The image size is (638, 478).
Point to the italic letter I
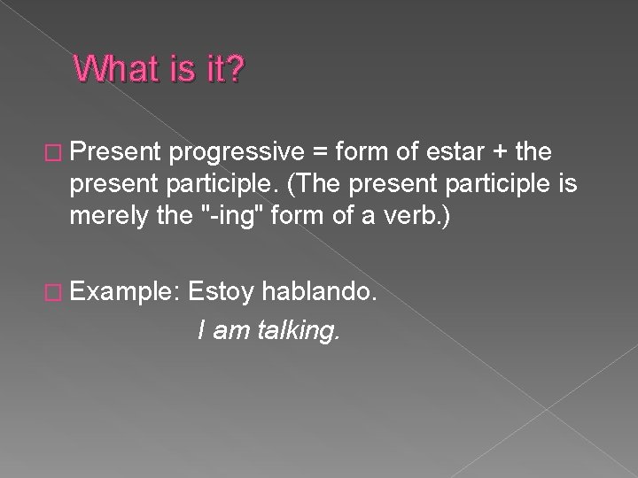point(202,332)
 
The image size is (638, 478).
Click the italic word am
point(228,332)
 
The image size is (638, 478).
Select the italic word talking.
point(293,332)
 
